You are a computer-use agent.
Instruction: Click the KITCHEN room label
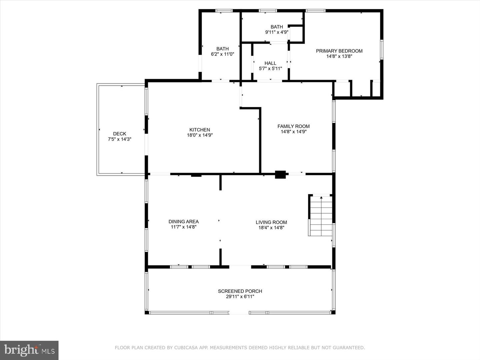click(200, 130)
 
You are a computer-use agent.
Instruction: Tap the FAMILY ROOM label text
click(293, 126)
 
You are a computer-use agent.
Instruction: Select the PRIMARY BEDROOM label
click(339, 51)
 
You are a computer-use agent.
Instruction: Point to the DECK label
click(120, 134)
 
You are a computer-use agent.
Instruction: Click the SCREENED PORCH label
click(240, 291)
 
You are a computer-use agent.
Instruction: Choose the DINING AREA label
click(183, 221)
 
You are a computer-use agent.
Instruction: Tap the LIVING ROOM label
click(271, 222)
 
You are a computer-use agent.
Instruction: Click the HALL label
click(270, 63)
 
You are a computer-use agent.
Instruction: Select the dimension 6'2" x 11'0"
click(222, 54)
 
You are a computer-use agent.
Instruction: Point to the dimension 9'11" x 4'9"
click(277, 32)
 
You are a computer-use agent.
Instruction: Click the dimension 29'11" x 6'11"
click(240, 297)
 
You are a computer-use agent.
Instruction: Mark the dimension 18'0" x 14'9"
click(200, 135)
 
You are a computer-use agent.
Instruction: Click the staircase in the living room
click(321, 216)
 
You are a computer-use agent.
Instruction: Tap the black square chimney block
click(280, 175)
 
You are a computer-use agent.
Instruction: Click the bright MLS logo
click(29, 350)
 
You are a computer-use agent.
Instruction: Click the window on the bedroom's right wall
click(382, 49)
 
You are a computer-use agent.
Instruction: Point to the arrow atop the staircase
click(321, 198)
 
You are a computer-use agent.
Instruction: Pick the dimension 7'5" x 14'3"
click(120, 139)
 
